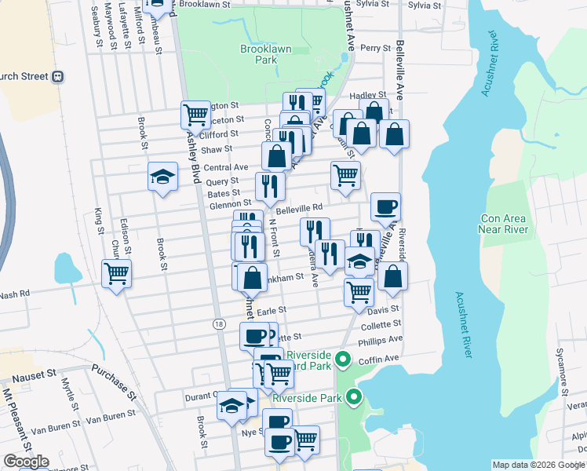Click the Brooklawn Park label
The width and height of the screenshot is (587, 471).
click(266, 54)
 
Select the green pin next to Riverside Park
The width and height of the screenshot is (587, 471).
click(353, 398)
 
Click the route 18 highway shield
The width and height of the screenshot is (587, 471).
click(219, 324)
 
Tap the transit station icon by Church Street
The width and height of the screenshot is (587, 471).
click(57, 78)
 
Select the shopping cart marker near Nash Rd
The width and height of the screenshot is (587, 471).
click(116, 275)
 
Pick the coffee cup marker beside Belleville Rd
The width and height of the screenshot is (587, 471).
click(385, 207)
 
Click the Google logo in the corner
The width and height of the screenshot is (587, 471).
click(26, 462)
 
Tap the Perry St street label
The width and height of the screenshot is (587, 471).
click(375, 49)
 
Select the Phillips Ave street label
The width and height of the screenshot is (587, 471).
click(380, 340)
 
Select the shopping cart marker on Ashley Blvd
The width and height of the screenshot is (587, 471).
click(195, 115)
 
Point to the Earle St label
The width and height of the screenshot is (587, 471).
click(271, 311)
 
